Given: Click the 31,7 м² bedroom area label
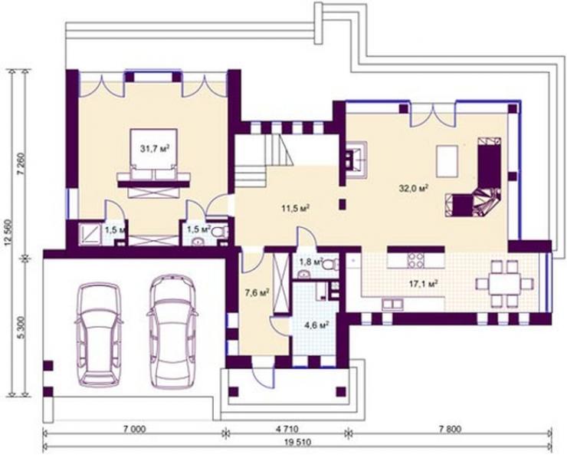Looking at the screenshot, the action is [x=155, y=148].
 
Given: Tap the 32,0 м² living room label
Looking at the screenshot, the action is [x=414, y=189].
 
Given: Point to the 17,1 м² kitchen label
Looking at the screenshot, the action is [x=424, y=283].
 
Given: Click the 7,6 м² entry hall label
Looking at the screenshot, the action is [x=257, y=293].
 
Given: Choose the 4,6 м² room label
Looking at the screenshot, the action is [x=316, y=325].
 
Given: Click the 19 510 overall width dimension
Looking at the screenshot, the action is [x=298, y=442].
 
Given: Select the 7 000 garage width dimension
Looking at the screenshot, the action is [x=134, y=430].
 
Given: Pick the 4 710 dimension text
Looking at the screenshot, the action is [x=287, y=430].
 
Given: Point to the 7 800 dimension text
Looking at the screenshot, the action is [x=450, y=430].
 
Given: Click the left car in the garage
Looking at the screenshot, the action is [x=99, y=334].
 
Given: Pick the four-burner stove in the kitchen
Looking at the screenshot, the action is [x=416, y=259].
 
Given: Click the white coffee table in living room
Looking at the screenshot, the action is [x=447, y=161].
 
